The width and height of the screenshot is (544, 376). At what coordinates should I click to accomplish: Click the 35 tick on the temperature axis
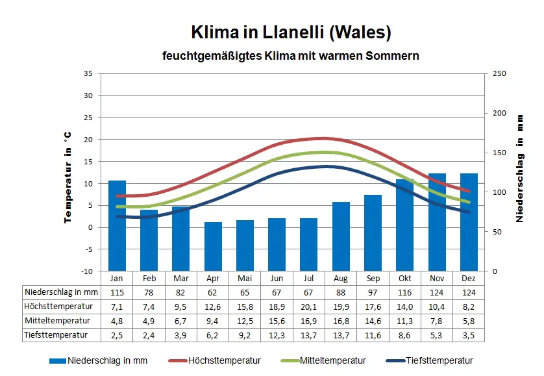88,73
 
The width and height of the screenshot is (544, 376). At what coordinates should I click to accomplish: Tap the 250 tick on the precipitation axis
499,73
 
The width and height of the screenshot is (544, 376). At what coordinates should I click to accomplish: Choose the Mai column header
245,278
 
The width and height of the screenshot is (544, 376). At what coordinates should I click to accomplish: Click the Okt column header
404,278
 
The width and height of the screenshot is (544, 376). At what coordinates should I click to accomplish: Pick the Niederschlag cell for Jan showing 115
117,292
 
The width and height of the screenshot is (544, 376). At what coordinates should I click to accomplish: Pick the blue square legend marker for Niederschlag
58,360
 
